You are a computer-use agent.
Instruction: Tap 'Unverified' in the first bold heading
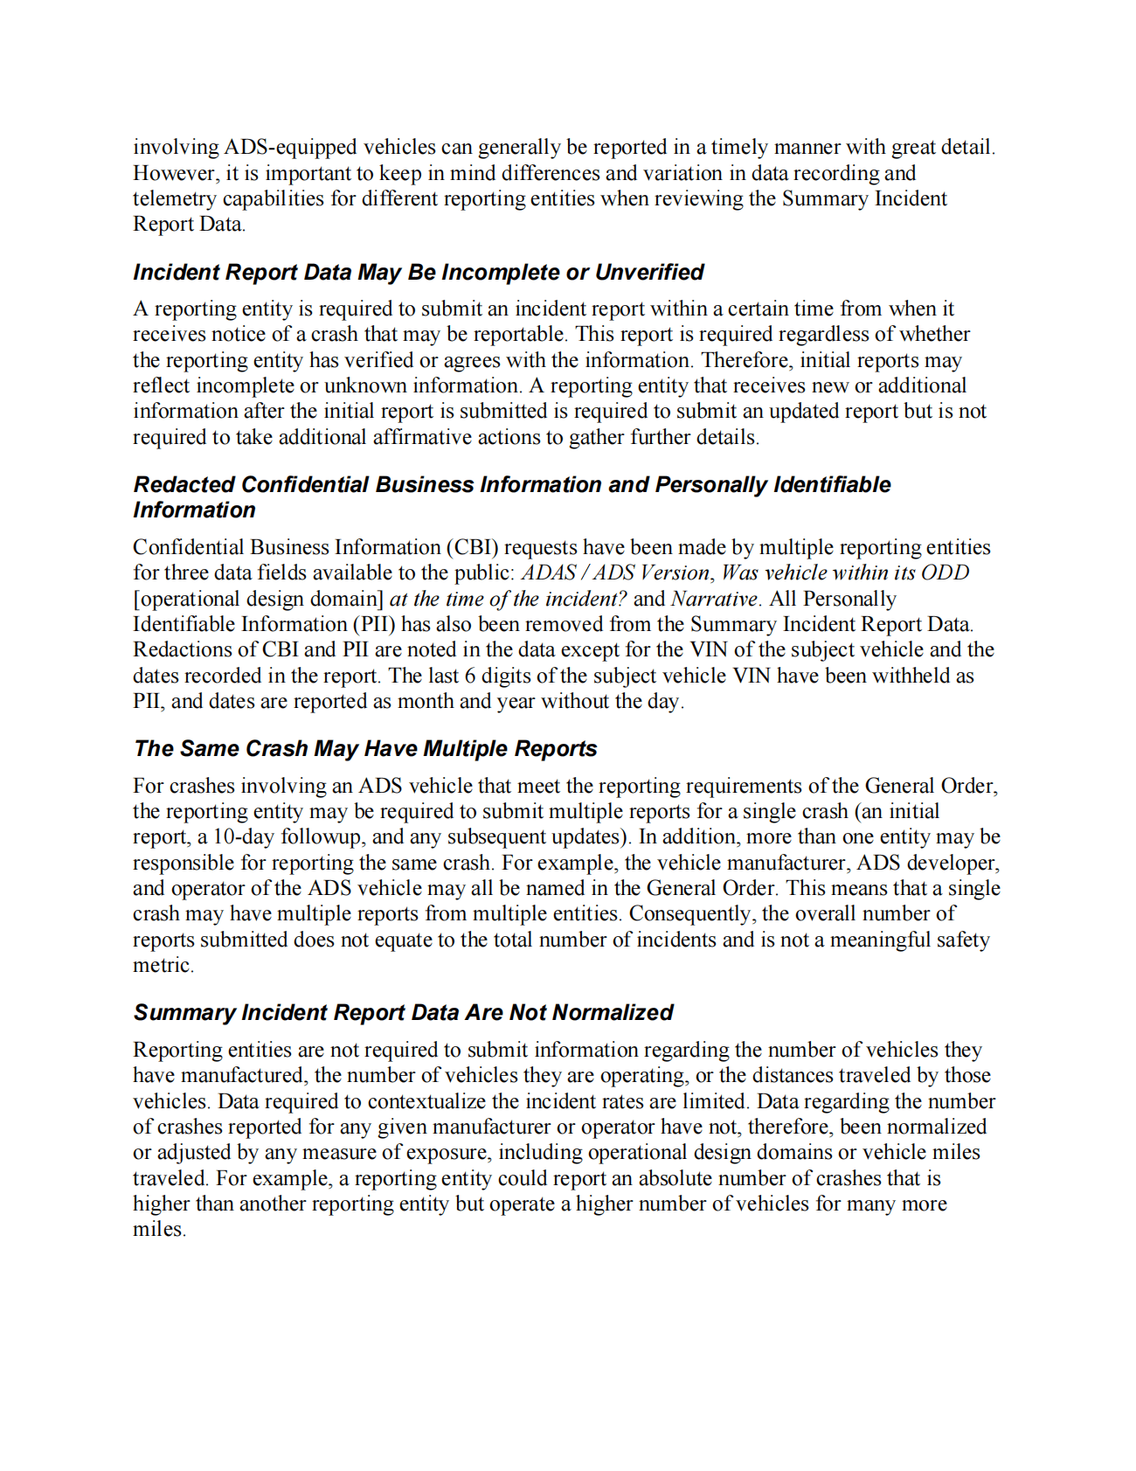(649, 273)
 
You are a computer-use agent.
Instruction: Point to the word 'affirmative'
(427, 437)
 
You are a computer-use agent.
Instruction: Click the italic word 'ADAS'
(549, 573)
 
